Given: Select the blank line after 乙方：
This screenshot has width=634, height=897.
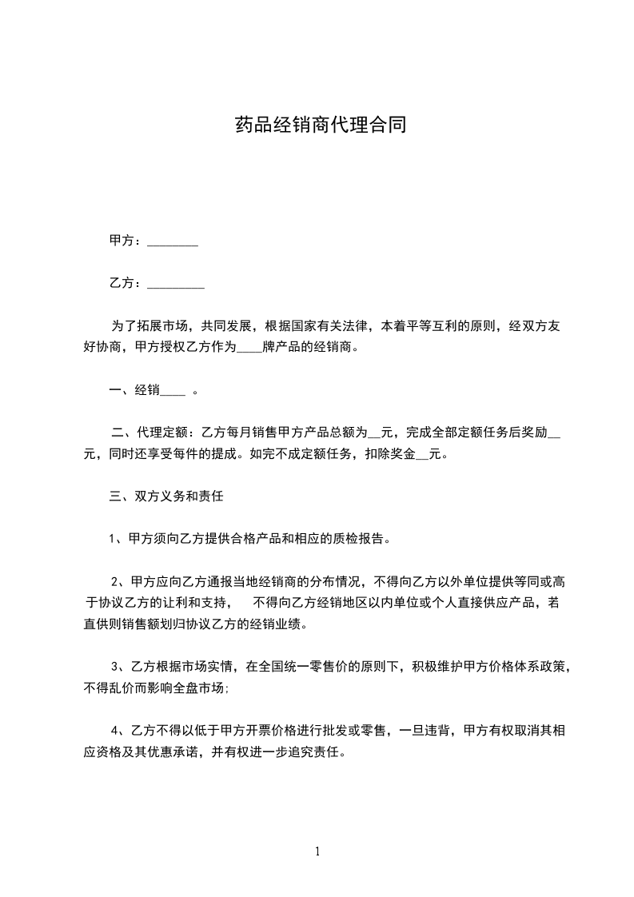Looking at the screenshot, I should click(x=176, y=284).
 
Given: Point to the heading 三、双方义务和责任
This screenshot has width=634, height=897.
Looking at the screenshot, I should click(x=165, y=496).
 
